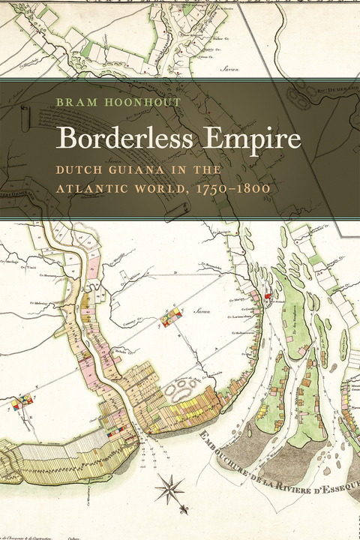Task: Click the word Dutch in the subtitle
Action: [81, 170]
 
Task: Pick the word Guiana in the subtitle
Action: [139, 170]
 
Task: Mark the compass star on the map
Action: [169, 491]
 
